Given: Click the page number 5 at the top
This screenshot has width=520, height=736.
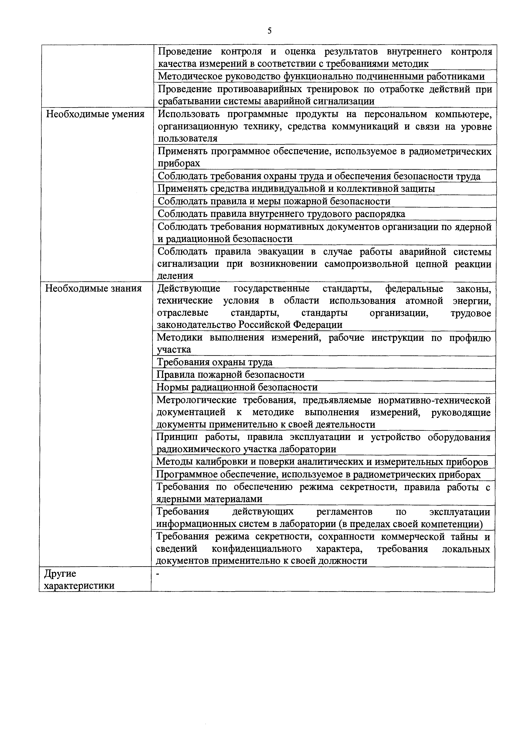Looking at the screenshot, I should tap(270, 31).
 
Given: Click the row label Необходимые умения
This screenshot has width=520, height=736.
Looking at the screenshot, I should tap(95, 114).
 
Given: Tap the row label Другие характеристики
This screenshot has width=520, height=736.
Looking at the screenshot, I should tap(79, 579).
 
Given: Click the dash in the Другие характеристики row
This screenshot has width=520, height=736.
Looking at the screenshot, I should tap(158, 574).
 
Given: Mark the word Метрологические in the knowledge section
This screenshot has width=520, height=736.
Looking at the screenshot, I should tap(196, 400).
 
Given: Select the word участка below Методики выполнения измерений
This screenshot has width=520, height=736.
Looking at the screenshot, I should tap(174, 349).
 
